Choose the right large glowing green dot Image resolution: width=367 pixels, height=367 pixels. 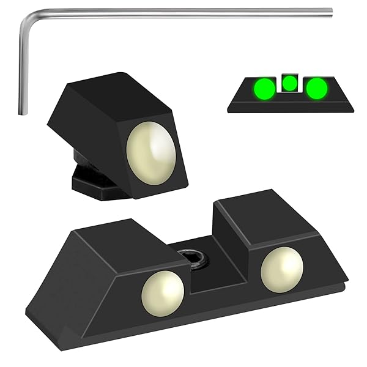(x=316, y=89)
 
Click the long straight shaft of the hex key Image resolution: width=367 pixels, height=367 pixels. (x=183, y=12)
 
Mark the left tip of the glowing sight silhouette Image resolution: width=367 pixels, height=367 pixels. (x=229, y=110)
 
